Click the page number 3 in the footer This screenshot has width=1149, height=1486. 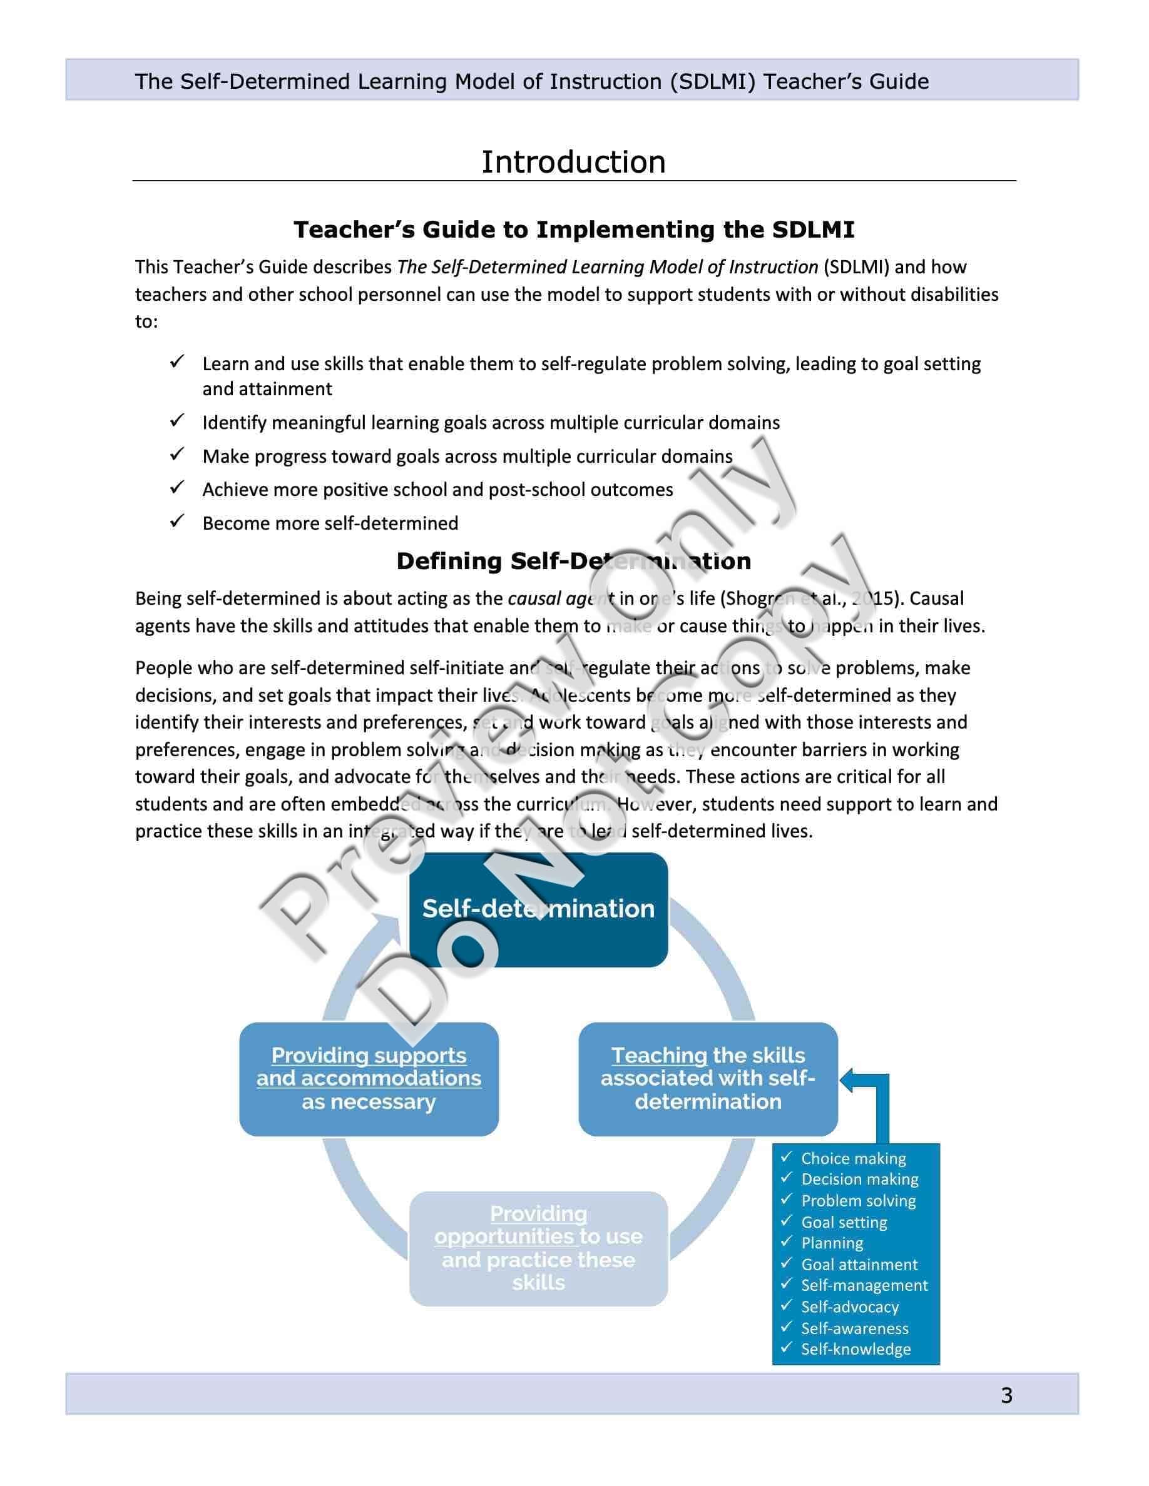[1007, 1395]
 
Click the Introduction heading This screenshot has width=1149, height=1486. [573, 162]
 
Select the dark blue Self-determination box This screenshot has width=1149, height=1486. [538, 910]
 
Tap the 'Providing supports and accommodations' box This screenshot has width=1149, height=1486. [369, 1078]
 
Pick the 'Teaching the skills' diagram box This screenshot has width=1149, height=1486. [708, 1078]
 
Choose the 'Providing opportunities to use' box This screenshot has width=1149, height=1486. [538, 1248]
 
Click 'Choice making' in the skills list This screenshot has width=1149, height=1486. [853, 1158]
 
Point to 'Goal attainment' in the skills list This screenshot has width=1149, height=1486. [859, 1264]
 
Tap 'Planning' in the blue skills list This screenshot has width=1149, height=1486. [832, 1243]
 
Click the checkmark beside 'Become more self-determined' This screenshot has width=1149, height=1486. [177, 522]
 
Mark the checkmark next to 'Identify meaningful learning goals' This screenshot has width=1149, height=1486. [177, 421]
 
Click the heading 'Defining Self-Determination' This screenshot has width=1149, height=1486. [573, 562]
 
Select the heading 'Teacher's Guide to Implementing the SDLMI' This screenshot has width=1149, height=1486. [573, 230]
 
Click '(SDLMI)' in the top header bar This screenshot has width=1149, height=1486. [712, 82]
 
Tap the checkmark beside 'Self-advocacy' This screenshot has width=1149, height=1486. [787, 1306]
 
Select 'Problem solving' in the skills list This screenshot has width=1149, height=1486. [859, 1200]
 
